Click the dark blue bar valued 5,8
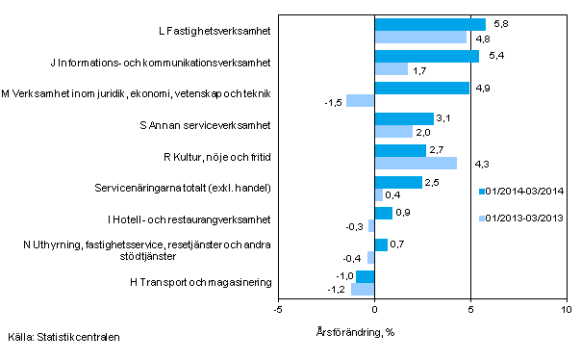point(430,25)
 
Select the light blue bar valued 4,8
point(420,38)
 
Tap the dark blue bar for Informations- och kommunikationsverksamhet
point(426,57)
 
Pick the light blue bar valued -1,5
point(360,100)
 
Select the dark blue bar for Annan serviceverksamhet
point(404,119)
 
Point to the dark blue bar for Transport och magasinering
point(365,276)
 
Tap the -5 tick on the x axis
point(278,309)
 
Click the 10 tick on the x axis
point(567,309)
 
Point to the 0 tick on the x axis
point(374,309)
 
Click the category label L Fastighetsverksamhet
point(214,32)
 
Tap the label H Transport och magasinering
point(200,282)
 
